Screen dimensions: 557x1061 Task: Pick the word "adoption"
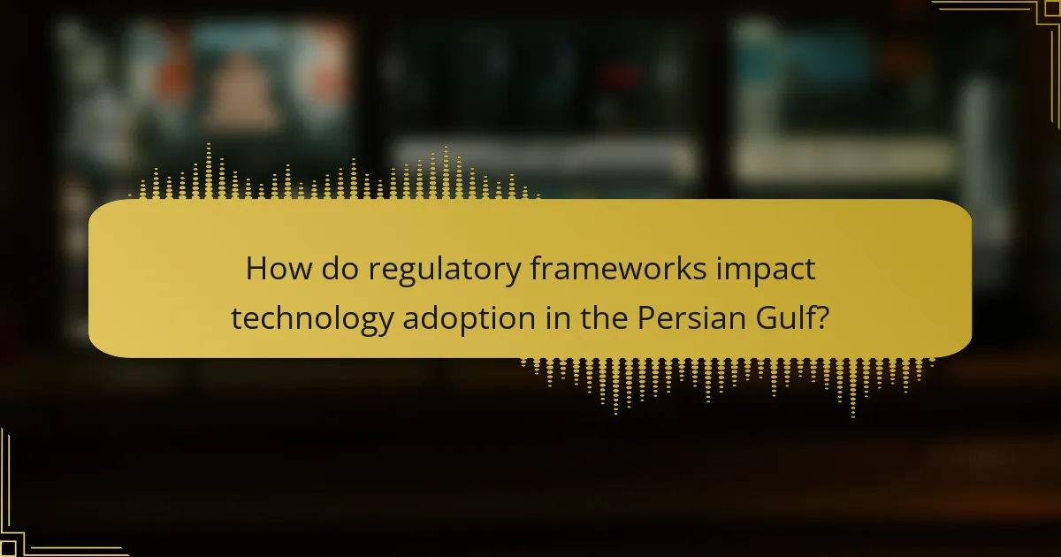pyautogui.click(x=454, y=319)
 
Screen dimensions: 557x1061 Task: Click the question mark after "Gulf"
pyautogui.click(x=821, y=317)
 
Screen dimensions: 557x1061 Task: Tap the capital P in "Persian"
pyautogui.click(x=645, y=317)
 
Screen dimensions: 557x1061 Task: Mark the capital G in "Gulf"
pyautogui.click(x=761, y=317)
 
